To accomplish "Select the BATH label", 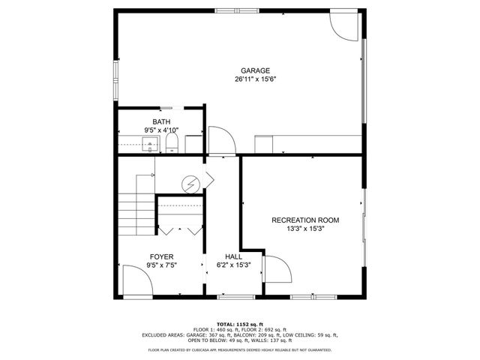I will [161, 121].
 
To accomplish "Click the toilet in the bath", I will [172, 142].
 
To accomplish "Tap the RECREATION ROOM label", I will [305, 220].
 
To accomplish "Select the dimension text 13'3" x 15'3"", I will [305, 229].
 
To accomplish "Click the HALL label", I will [233, 256].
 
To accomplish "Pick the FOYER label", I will [161, 256].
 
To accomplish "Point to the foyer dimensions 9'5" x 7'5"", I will [161, 265].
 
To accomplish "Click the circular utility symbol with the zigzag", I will [192, 181].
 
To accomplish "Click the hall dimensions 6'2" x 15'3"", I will [233, 265].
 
